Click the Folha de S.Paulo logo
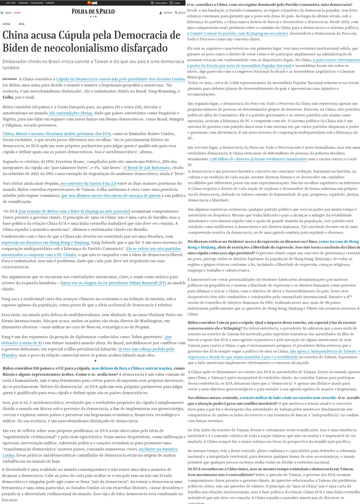tap(93, 12)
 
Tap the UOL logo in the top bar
tap(92, 3)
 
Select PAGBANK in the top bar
tap(24, 3)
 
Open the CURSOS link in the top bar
tap(50, 3)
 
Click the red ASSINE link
tap(17, 13)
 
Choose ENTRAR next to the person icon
tap(168, 13)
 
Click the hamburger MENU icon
tap(2, 13)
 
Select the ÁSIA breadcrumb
tap(21, 24)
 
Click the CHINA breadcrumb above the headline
tap(6, 24)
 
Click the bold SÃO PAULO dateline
tap(10, 79)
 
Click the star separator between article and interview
tap(95, 361)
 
